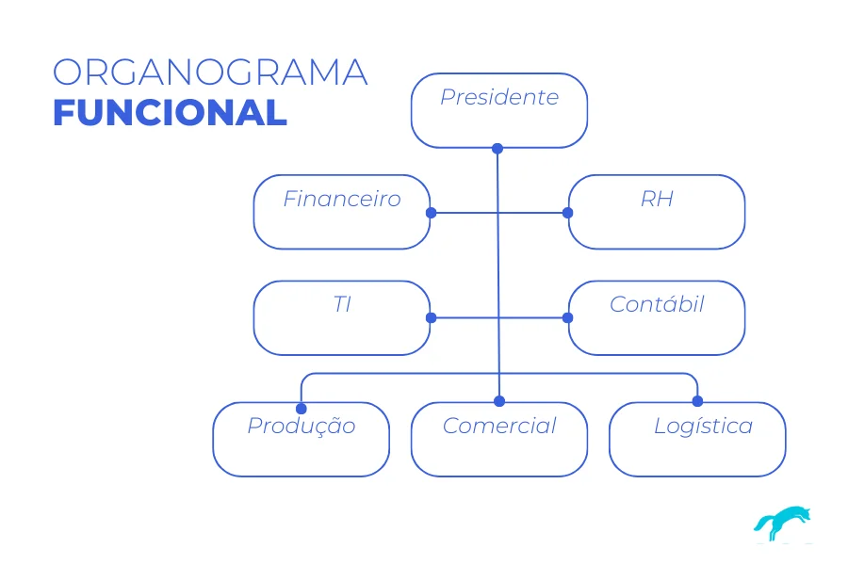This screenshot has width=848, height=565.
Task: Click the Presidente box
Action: (498, 110)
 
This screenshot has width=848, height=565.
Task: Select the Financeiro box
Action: (341, 212)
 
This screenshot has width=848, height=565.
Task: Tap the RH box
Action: (656, 212)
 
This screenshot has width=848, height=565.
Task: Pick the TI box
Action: (341, 317)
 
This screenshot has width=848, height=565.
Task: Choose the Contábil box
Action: (656, 317)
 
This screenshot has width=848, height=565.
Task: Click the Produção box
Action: (301, 439)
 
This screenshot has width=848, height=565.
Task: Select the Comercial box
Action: (498, 439)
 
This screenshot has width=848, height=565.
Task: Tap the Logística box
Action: (697, 439)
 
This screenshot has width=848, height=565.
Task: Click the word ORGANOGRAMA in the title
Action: (209, 73)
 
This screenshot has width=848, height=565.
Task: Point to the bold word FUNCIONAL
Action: (170, 112)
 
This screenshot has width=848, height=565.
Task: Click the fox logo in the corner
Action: (782, 523)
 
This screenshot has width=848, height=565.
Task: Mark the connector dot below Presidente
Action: (497, 148)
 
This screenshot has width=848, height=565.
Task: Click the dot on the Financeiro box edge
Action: (431, 213)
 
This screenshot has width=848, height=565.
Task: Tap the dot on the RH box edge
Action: (568, 213)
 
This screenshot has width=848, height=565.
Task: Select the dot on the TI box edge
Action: (431, 318)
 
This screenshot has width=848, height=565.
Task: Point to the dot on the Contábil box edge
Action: (568, 318)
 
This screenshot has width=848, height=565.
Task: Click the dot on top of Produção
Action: (302, 409)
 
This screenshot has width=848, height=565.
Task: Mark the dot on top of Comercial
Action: (499, 402)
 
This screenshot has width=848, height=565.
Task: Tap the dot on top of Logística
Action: (697, 402)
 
